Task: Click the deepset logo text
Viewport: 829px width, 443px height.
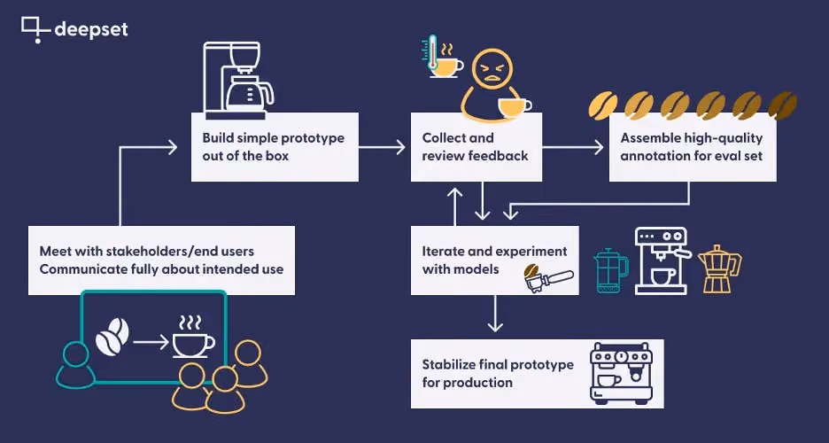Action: coord(91,29)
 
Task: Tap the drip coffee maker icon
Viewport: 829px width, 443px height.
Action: coord(238,81)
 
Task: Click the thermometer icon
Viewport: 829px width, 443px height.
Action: coord(433,52)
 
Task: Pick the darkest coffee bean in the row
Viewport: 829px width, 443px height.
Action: coord(782,105)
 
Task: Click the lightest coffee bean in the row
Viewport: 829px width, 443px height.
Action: coord(603,105)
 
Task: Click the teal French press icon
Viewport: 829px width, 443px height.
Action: coord(611,270)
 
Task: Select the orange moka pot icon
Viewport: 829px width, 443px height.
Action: coord(719,269)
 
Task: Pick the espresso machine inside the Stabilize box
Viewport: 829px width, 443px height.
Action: coord(622,374)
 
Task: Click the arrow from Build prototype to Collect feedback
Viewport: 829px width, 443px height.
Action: coord(382,147)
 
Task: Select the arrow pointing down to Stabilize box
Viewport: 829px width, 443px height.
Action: coord(495,313)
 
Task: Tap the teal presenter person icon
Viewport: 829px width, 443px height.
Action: coord(75,365)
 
